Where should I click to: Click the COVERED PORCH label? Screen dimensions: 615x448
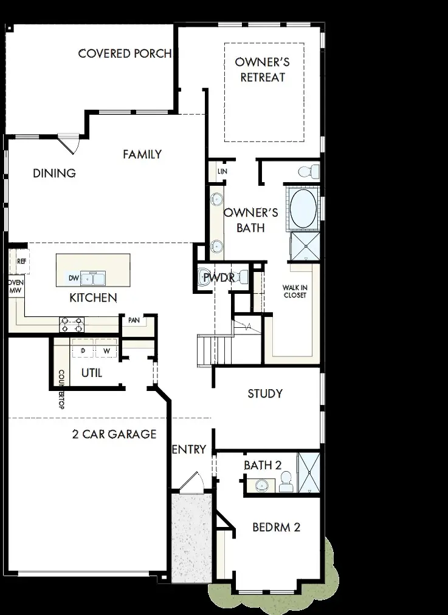125,53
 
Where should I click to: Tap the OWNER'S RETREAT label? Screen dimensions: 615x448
263,70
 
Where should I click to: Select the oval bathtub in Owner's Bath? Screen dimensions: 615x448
303,207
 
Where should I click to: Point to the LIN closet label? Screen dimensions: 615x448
222,172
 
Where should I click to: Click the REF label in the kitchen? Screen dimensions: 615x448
22,262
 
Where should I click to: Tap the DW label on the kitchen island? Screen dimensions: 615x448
74,279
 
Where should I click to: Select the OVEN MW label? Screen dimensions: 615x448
15,287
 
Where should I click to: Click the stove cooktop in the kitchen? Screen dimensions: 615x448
71,324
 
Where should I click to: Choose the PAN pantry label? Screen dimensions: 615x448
134,320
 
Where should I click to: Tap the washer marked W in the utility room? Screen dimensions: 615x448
106,351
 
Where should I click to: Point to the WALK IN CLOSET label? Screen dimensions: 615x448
294,291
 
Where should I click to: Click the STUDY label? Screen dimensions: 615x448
265,393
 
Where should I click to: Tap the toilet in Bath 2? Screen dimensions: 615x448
286,484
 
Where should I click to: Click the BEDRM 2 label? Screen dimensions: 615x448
277,527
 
